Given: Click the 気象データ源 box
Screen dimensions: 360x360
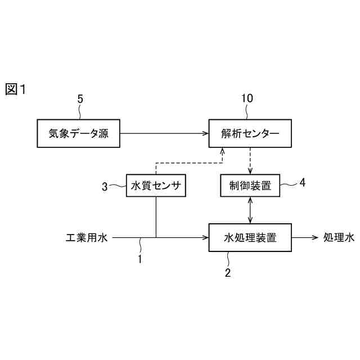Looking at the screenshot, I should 78,133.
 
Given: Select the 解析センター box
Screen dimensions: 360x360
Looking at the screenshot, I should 250,133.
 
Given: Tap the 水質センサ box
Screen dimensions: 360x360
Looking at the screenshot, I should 155,186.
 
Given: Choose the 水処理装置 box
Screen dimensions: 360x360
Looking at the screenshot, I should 250,237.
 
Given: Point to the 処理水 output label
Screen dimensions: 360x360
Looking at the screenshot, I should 339,238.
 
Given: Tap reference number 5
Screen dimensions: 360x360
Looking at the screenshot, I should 80,99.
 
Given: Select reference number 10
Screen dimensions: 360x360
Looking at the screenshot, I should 247,98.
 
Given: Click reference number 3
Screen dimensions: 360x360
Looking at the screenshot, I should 105,187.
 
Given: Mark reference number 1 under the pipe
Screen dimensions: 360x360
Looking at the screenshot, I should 141,259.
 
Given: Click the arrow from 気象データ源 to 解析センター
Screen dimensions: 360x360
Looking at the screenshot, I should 163,133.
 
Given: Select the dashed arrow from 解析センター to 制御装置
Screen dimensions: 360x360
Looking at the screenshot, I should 250,161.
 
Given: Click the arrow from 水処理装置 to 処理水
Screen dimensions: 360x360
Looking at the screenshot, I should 305,237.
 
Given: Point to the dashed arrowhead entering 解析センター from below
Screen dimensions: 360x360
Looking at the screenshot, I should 223,151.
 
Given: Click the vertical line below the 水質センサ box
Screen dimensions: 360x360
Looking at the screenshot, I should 155,217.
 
